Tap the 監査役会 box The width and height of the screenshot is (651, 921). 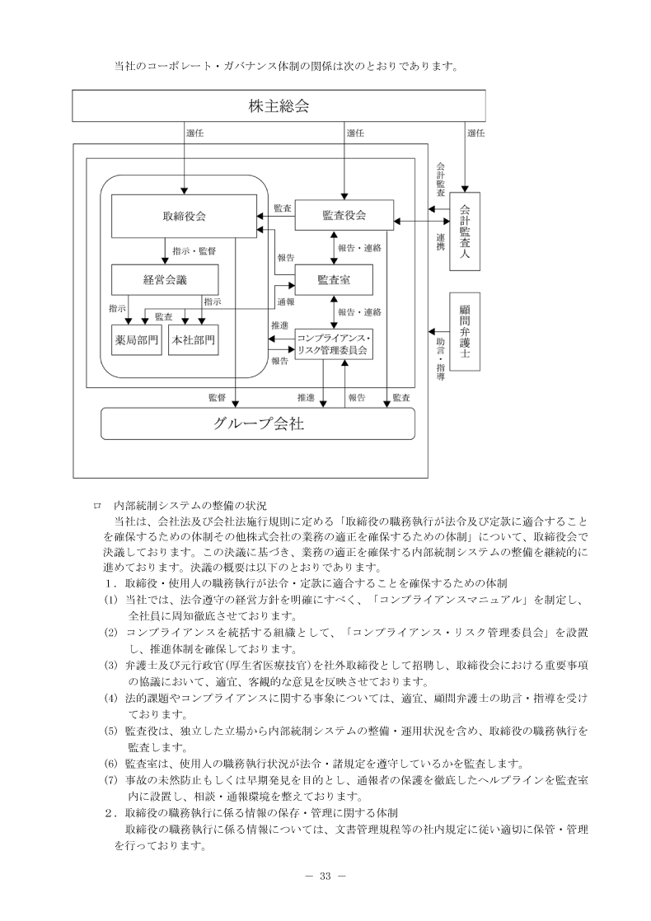pyautogui.click(x=344, y=216)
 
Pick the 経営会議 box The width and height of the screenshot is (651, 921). pyautogui.click(x=165, y=279)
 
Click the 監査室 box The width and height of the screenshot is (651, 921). pyautogui.click(x=334, y=280)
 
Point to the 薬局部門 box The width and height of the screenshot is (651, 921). pyautogui.click(x=135, y=339)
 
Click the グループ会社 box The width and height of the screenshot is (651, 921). pyautogui.click(x=257, y=424)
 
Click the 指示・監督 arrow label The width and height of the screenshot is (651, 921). pyautogui.click(x=194, y=250)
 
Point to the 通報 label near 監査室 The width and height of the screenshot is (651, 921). pyautogui.click(x=286, y=302)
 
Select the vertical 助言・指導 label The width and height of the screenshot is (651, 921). pyautogui.click(x=441, y=358)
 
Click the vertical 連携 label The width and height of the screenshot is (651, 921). pyautogui.click(x=441, y=241)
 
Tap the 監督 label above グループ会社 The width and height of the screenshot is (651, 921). pyautogui.click(x=217, y=398)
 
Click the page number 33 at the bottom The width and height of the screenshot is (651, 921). pyautogui.click(x=325, y=875)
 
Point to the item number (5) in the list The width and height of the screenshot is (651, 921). pyautogui.click(x=110, y=730)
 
